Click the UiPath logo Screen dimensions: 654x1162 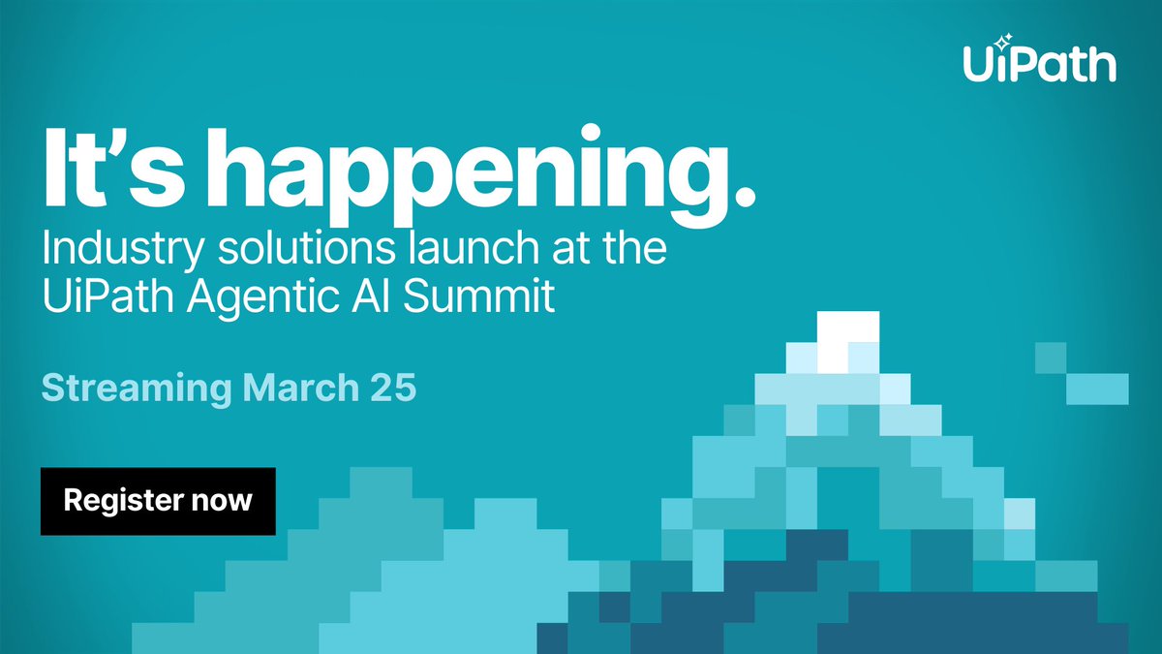pos(1038,63)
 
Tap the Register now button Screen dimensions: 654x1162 pos(158,501)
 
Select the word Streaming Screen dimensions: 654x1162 pos(136,389)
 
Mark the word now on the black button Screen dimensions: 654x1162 pos(224,502)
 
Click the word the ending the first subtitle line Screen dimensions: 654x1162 pos(635,248)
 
